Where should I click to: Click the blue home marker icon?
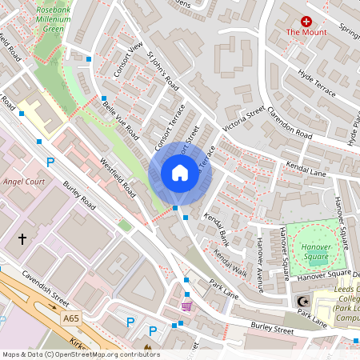179,172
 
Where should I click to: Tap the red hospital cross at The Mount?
306,21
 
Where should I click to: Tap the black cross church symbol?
22,238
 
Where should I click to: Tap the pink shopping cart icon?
187,306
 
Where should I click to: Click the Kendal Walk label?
230,263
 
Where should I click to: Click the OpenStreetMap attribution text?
81,354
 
